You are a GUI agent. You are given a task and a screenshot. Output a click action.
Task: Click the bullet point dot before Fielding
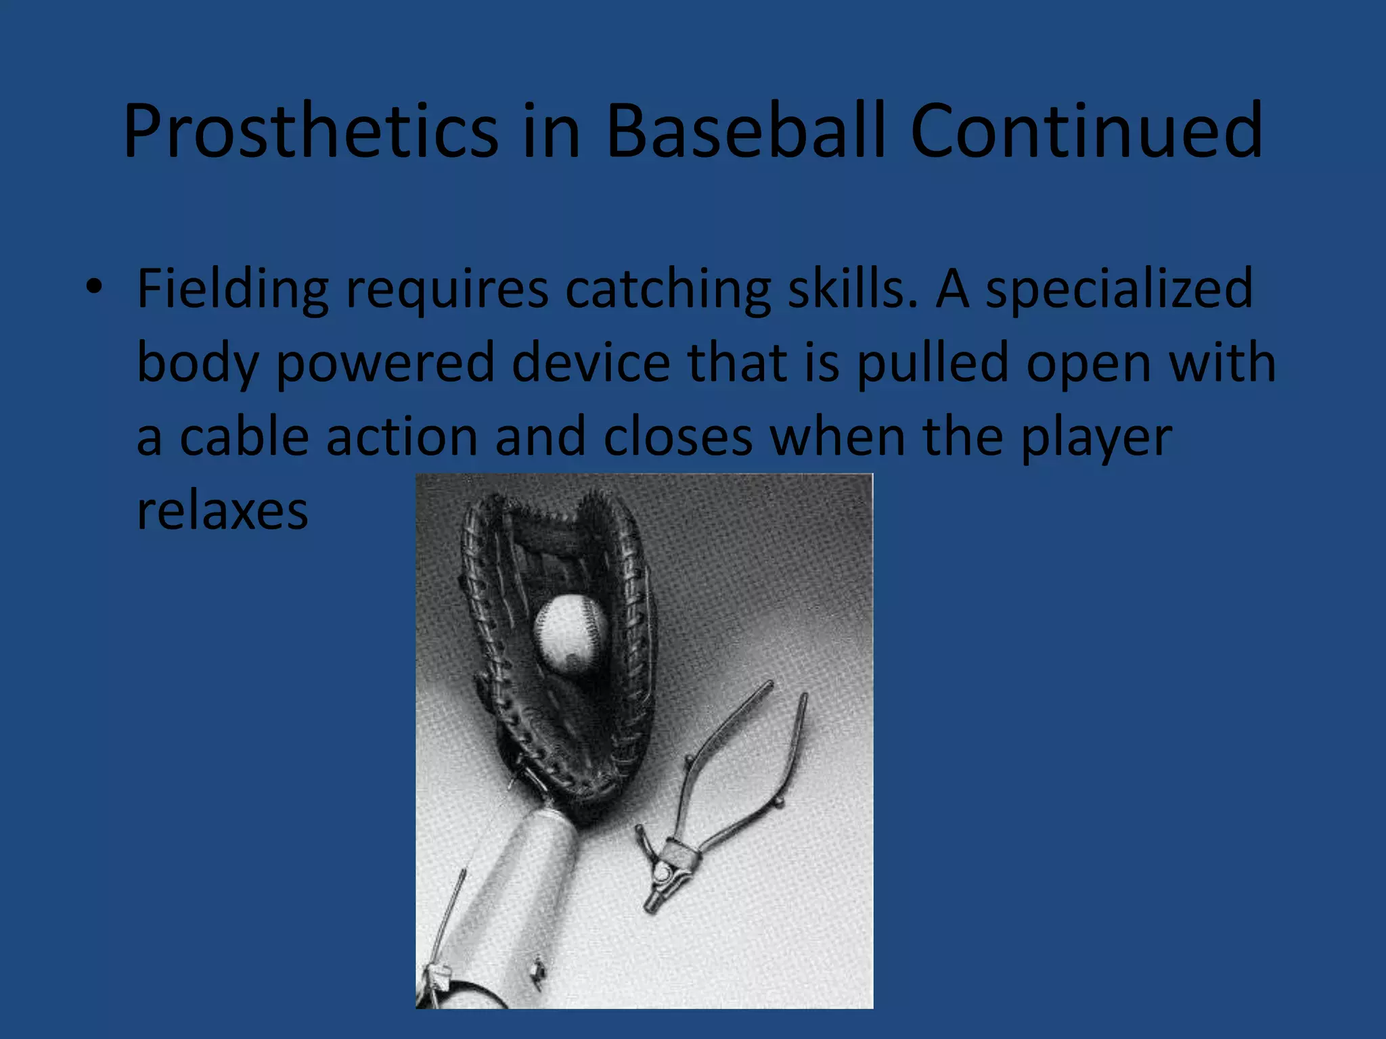[x=94, y=287]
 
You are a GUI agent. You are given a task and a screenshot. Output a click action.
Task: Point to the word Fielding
[x=232, y=290]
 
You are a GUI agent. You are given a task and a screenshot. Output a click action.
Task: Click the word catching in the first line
[x=667, y=290]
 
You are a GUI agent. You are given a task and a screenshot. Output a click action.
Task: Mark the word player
[x=1096, y=438]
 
